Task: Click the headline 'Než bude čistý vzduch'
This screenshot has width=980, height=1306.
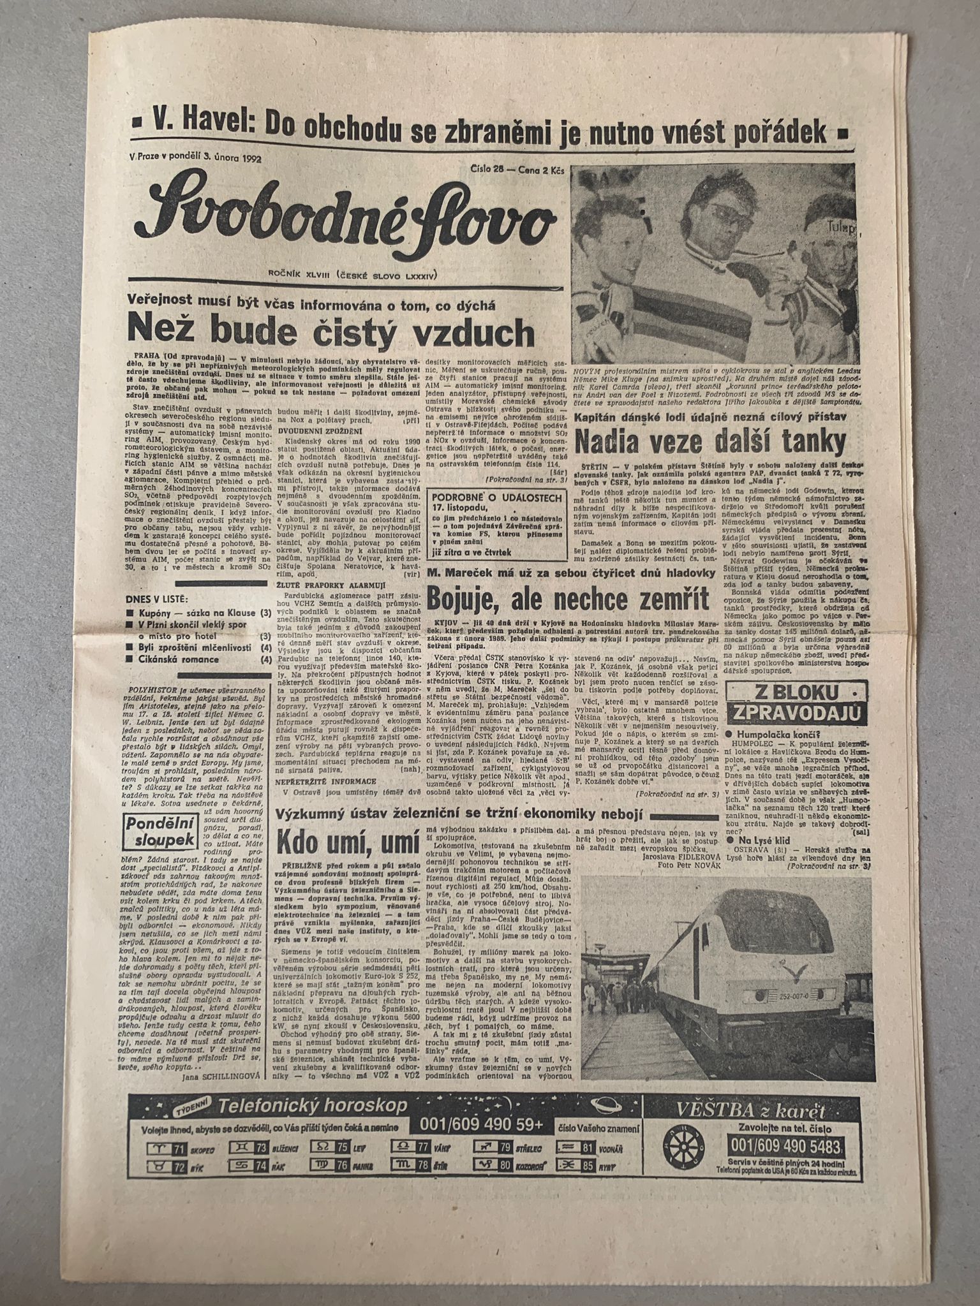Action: tap(331, 331)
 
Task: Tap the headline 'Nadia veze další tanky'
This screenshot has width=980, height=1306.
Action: tap(711, 440)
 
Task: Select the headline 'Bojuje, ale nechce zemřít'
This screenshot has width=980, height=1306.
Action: tap(569, 599)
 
